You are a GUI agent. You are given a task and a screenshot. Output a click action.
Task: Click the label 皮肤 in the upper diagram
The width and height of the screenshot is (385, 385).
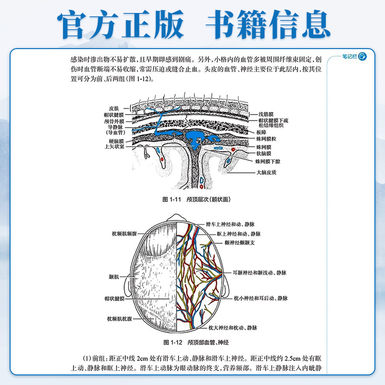(113, 108)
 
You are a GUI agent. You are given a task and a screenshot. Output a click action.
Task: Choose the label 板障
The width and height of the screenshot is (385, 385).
(262, 131)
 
